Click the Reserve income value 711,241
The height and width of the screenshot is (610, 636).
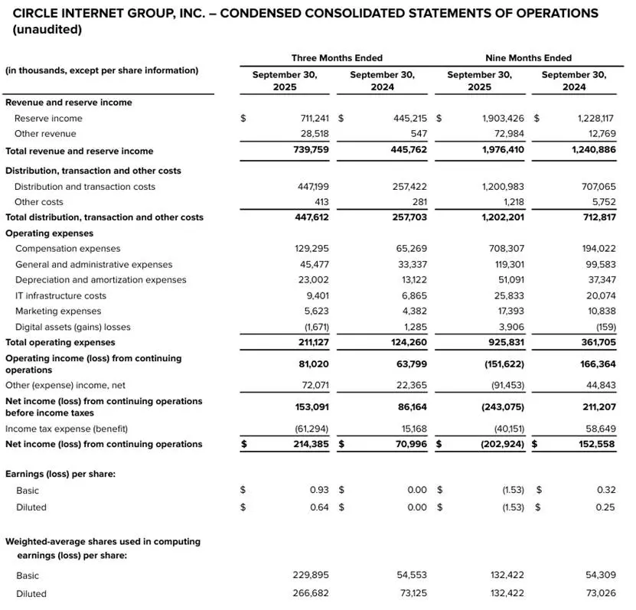(311, 119)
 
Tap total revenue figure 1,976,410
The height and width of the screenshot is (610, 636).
(503, 150)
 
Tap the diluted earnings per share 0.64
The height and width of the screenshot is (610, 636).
(319, 507)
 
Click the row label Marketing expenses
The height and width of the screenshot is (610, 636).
(58, 312)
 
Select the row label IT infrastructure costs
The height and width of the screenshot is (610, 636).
(60, 295)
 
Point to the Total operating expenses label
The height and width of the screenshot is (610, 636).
(60, 342)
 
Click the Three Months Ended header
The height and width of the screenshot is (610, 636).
(337, 58)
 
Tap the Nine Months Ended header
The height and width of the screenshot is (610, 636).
(528, 58)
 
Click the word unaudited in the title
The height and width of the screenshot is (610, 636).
(47, 29)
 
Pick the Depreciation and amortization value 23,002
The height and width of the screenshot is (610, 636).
(312, 280)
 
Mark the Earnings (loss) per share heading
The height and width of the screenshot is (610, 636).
(60, 475)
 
